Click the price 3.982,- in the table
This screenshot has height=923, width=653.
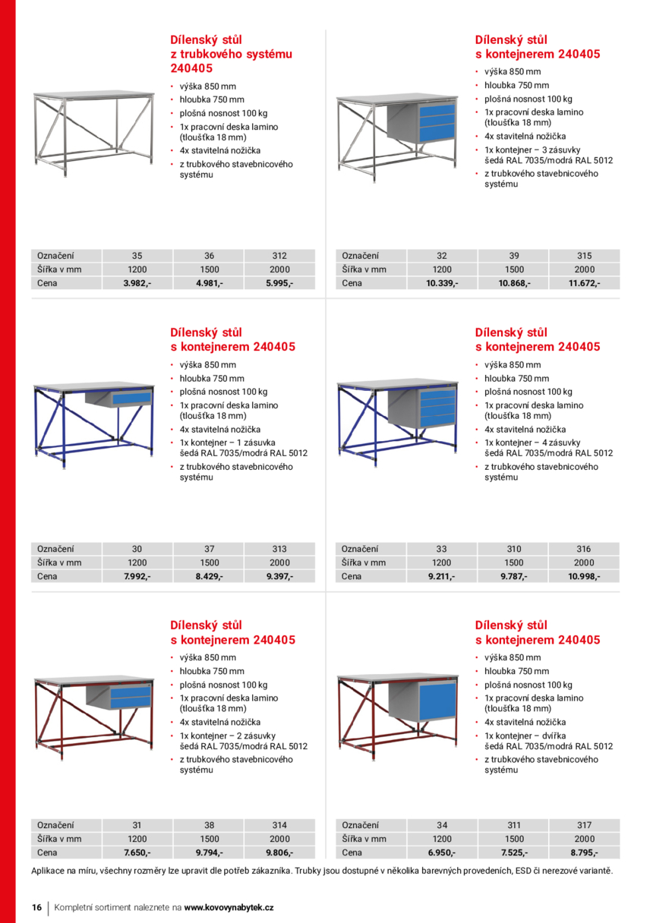[x=137, y=283]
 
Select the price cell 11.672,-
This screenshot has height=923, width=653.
[x=584, y=283]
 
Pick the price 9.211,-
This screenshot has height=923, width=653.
[x=441, y=576]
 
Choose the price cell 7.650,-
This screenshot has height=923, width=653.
[x=137, y=852]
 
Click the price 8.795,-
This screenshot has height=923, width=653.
[x=584, y=852]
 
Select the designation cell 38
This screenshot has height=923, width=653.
[x=209, y=825]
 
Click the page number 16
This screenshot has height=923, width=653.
[x=36, y=907]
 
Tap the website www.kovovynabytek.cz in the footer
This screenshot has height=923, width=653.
[x=229, y=907]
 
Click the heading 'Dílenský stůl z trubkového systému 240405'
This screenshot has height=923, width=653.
[x=230, y=54]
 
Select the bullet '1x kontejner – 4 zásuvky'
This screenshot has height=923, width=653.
[x=532, y=443]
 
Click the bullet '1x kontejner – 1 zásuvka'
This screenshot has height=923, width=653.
[x=228, y=443]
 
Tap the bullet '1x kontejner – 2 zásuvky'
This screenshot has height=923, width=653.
[x=228, y=736]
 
